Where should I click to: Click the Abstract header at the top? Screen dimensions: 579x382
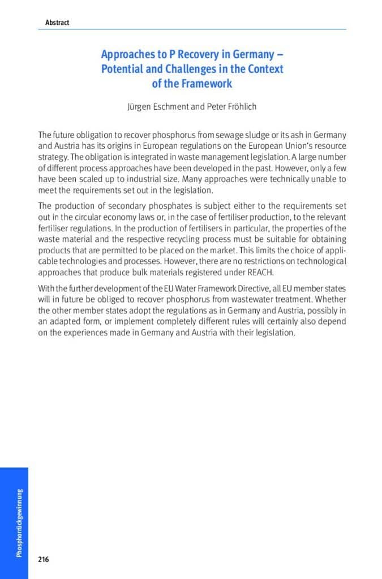[57, 23]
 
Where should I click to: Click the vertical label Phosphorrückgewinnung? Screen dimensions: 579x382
[19, 522]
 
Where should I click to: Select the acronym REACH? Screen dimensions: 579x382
[260, 271]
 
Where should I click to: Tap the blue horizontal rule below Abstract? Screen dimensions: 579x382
[192, 29]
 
